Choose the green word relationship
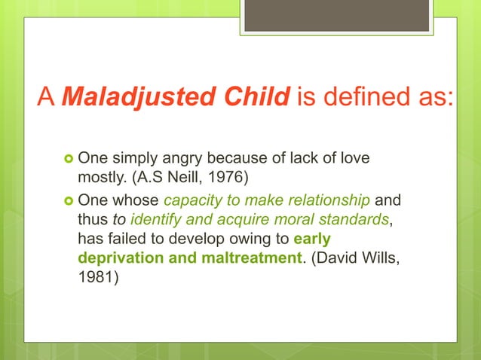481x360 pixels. (x=328, y=202)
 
